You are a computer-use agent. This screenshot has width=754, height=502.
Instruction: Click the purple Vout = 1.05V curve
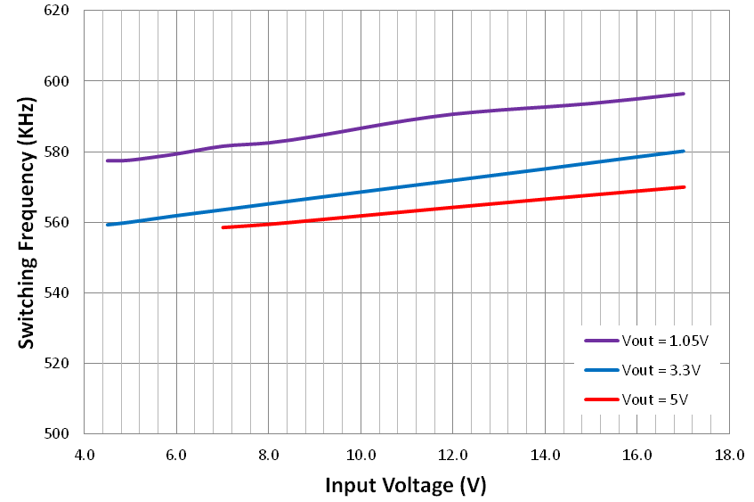[361, 128]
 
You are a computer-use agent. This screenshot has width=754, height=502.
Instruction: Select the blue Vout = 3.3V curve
[361, 191]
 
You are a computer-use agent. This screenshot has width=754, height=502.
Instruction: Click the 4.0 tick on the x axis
[84, 455]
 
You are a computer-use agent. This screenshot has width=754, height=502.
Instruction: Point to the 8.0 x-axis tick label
[268, 455]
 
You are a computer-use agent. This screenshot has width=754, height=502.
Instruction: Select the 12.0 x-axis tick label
[452, 455]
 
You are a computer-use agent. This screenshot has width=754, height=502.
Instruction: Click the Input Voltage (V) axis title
[406, 485]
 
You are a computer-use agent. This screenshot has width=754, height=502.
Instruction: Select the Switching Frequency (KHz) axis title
[27, 222]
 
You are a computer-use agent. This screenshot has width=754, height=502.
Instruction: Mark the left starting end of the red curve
[223, 227]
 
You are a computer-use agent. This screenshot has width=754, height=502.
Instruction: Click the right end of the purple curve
[683, 94]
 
